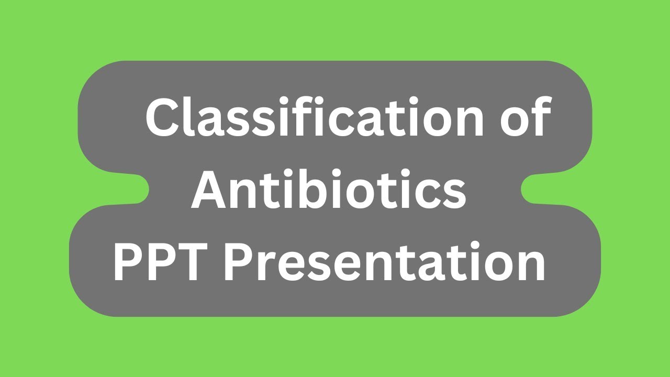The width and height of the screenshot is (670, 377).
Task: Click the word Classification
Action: click(309, 118)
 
